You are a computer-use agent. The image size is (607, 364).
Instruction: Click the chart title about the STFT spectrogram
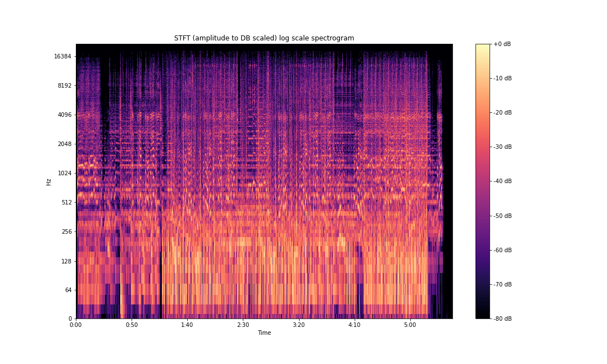(264, 38)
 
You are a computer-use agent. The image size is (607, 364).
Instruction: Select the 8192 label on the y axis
(64, 85)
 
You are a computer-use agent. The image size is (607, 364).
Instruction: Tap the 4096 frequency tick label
(64, 115)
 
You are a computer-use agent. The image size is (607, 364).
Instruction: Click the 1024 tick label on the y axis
(64, 173)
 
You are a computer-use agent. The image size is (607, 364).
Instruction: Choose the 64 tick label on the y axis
(67, 290)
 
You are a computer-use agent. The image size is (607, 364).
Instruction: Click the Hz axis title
(49, 181)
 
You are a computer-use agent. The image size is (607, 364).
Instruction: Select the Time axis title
(264, 333)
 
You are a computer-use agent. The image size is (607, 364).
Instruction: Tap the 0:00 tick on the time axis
(76, 325)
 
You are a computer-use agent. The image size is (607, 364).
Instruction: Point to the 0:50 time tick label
(132, 325)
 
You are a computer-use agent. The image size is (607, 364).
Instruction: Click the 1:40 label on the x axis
(187, 325)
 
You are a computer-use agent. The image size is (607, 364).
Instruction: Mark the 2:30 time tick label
(243, 325)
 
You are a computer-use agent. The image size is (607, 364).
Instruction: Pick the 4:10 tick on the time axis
(355, 325)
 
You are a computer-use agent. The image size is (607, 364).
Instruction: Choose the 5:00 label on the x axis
(410, 325)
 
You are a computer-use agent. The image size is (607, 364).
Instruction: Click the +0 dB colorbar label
(502, 44)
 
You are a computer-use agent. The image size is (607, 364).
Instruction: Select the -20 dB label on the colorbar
(503, 112)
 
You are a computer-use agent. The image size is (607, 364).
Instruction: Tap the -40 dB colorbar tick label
(503, 181)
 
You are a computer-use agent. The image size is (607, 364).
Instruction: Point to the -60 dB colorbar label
(503, 250)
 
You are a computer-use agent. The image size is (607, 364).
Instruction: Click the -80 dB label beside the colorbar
(503, 319)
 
